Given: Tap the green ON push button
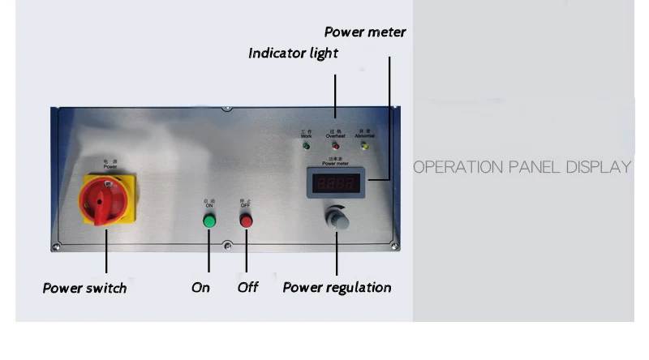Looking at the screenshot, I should point(208,221).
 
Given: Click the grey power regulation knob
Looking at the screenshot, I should point(335,221).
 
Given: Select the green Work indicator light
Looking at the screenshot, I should point(305,147).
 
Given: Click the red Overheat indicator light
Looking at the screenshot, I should point(335,147).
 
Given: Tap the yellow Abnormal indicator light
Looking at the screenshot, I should point(364,147).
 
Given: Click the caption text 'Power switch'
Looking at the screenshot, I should point(84,288).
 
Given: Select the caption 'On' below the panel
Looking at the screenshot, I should point(200,288).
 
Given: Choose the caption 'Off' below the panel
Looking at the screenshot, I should point(247,288).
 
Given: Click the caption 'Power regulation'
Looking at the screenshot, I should point(337,288).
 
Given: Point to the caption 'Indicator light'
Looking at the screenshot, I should point(293,54).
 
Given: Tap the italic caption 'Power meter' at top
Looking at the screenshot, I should point(365,32).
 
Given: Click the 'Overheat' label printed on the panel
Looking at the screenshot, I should point(335,136).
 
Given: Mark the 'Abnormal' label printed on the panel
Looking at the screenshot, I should point(364,136).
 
